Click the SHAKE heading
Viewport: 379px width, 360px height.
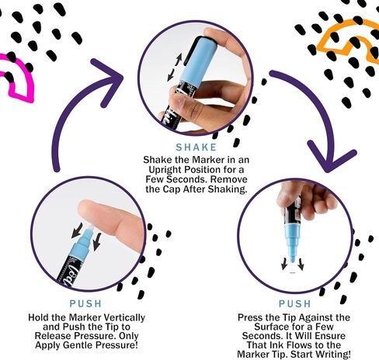[196, 147]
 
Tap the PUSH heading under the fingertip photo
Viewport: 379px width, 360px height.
[85, 303]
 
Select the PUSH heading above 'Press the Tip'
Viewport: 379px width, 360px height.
[294, 303]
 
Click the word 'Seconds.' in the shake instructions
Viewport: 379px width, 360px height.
[186, 179]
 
